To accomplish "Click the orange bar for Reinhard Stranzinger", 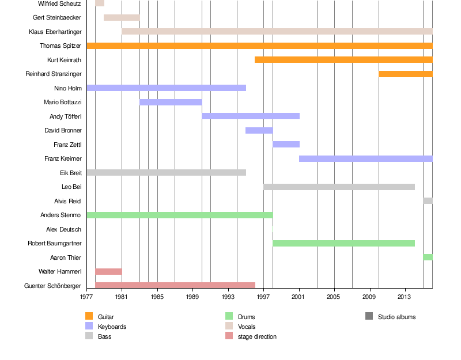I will pyautogui.click(x=405, y=74).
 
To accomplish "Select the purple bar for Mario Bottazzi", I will pyautogui.click(x=171, y=102).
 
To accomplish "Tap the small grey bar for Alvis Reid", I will pyautogui.click(x=428, y=200).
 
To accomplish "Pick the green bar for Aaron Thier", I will pyautogui.click(x=428, y=257).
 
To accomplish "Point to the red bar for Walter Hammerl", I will pyautogui.click(x=108, y=271).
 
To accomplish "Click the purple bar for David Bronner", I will pyautogui.click(x=259, y=130).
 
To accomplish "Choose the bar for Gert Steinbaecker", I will pyautogui.click(x=122, y=17).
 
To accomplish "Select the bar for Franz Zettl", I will pyautogui.click(x=286, y=144).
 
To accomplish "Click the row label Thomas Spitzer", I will pyautogui.click(x=61, y=46).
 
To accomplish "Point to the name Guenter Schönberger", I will pyautogui.click(x=53, y=286).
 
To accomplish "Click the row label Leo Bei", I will pyautogui.click(x=71, y=187).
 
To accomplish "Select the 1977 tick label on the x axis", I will pyautogui.click(x=86, y=297).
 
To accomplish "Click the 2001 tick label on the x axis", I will pyautogui.click(x=298, y=297).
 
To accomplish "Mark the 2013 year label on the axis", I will pyautogui.click(x=405, y=297).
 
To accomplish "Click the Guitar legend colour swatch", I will pyautogui.click(x=89, y=316).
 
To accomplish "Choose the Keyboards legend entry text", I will pyautogui.click(x=112, y=327).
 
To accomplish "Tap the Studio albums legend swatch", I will pyautogui.click(x=369, y=316).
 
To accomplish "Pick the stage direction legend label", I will pyautogui.click(x=257, y=336).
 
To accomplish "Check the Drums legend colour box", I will pyautogui.click(x=229, y=316).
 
